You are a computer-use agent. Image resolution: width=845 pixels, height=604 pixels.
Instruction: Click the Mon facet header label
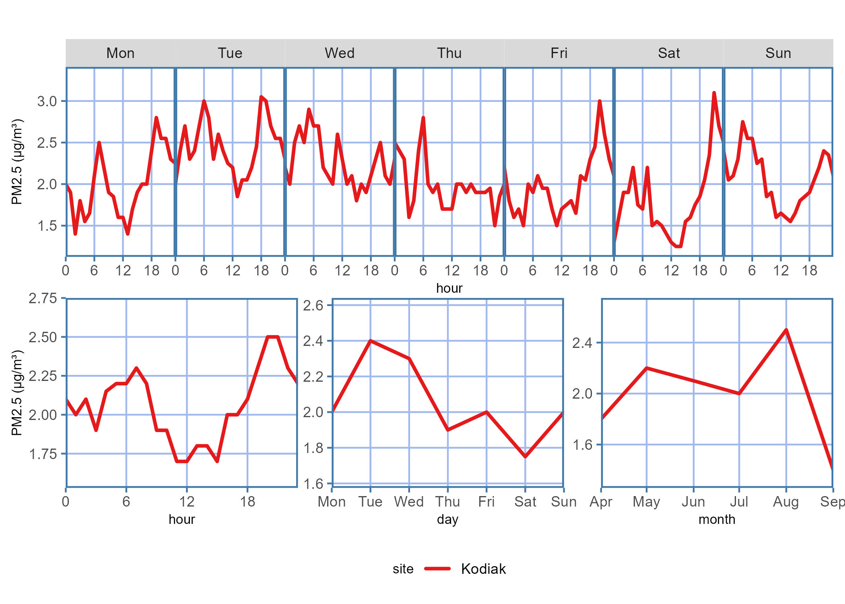pyautogui.click(x=120, y=53)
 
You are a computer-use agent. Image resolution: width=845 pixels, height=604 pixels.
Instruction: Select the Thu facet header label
pyautogui.click(x=449, y=53)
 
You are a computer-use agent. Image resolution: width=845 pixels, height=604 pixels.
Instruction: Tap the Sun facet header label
pyautogui.click(x=778, y=53)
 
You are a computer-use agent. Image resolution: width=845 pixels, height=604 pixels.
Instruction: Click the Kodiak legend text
pyautogui.click(x=483, y=569)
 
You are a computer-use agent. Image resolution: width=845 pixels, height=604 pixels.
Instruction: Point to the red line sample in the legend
pyautogui.click(x=437, y=569)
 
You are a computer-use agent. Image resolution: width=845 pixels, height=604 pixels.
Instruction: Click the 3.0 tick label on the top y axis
pyautogui.click(x=47, y=101)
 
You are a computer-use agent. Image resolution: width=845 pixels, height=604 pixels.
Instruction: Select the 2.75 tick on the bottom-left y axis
pyautogui.click(x=43, y=298)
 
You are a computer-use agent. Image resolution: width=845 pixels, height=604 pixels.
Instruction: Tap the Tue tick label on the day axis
pyautogui.click(x=370, y=502)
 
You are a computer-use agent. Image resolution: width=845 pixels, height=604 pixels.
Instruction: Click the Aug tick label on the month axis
pyautogui.click(x=785, y=502)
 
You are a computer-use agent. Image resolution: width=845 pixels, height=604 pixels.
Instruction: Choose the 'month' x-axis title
pyautogui.click(x=717, y=519)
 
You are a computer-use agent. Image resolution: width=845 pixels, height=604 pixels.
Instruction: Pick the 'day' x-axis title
pyautogui.click(x=447, y=519)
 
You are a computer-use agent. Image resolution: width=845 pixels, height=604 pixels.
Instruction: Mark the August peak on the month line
pyautogui.click(x=786, y=330)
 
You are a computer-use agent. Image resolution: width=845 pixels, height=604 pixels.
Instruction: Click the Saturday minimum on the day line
pyautogui.click(x=525, y=457)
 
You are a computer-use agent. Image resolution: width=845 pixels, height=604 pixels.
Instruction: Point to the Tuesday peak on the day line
pyautogui.click(x=370, y=341)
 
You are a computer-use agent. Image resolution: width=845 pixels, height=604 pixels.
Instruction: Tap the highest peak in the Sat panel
pyautogui.click(x=714, y=93)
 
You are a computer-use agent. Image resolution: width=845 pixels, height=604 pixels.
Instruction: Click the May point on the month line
pyautogui.click(x=647, y=368)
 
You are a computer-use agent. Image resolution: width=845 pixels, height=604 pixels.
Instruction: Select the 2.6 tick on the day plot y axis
pyautogui.click(x=313, y=306)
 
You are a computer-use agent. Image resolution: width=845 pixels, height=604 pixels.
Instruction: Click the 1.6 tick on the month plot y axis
pyautogui.click(x=582, y=445)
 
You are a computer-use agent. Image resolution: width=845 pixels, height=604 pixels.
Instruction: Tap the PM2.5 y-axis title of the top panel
pyautogui.click(x=17, y=161)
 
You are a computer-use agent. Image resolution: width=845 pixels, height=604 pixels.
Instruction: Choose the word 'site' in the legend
pyautogui.click(x=403, y=569)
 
